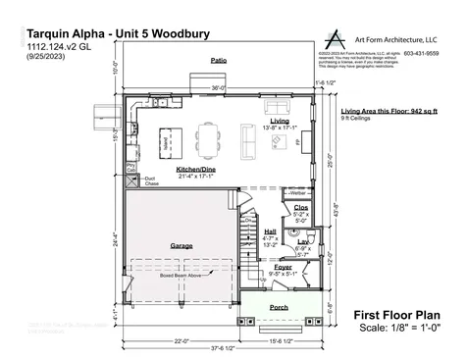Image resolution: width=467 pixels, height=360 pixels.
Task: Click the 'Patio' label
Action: coord(218,61)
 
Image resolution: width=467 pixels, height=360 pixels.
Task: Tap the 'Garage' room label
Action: coord(182,245)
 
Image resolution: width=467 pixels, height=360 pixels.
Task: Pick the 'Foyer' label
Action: coord(283,266)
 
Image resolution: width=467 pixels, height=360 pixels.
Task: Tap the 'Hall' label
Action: coord(270,231)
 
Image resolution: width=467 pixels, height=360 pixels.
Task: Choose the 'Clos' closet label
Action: coord(301,208)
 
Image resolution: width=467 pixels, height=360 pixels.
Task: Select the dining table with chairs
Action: coord(210,133)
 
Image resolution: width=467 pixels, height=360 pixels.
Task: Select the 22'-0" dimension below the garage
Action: coord(180,340)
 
